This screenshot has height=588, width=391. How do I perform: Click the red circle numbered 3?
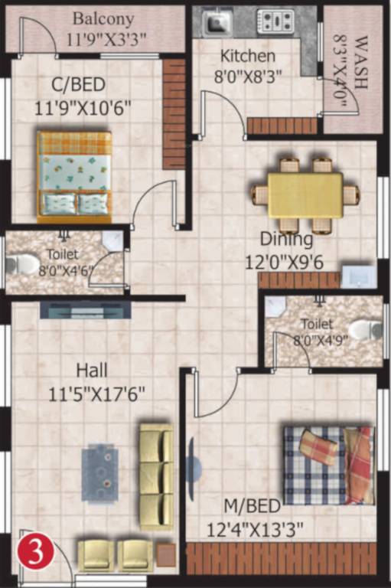point(31,553)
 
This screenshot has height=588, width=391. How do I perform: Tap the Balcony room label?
point(103,18)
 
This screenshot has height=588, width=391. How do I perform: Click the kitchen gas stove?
point(277,21)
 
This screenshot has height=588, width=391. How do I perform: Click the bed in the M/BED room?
point(328,465)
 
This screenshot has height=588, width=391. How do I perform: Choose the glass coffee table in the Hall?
point(100,473)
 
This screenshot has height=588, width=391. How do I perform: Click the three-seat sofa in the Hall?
point(156,475)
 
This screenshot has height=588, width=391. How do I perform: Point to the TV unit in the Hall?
point(85,309)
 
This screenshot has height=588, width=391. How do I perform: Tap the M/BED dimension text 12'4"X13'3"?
point(255,528)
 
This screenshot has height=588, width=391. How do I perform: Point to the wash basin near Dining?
point(357,276)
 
